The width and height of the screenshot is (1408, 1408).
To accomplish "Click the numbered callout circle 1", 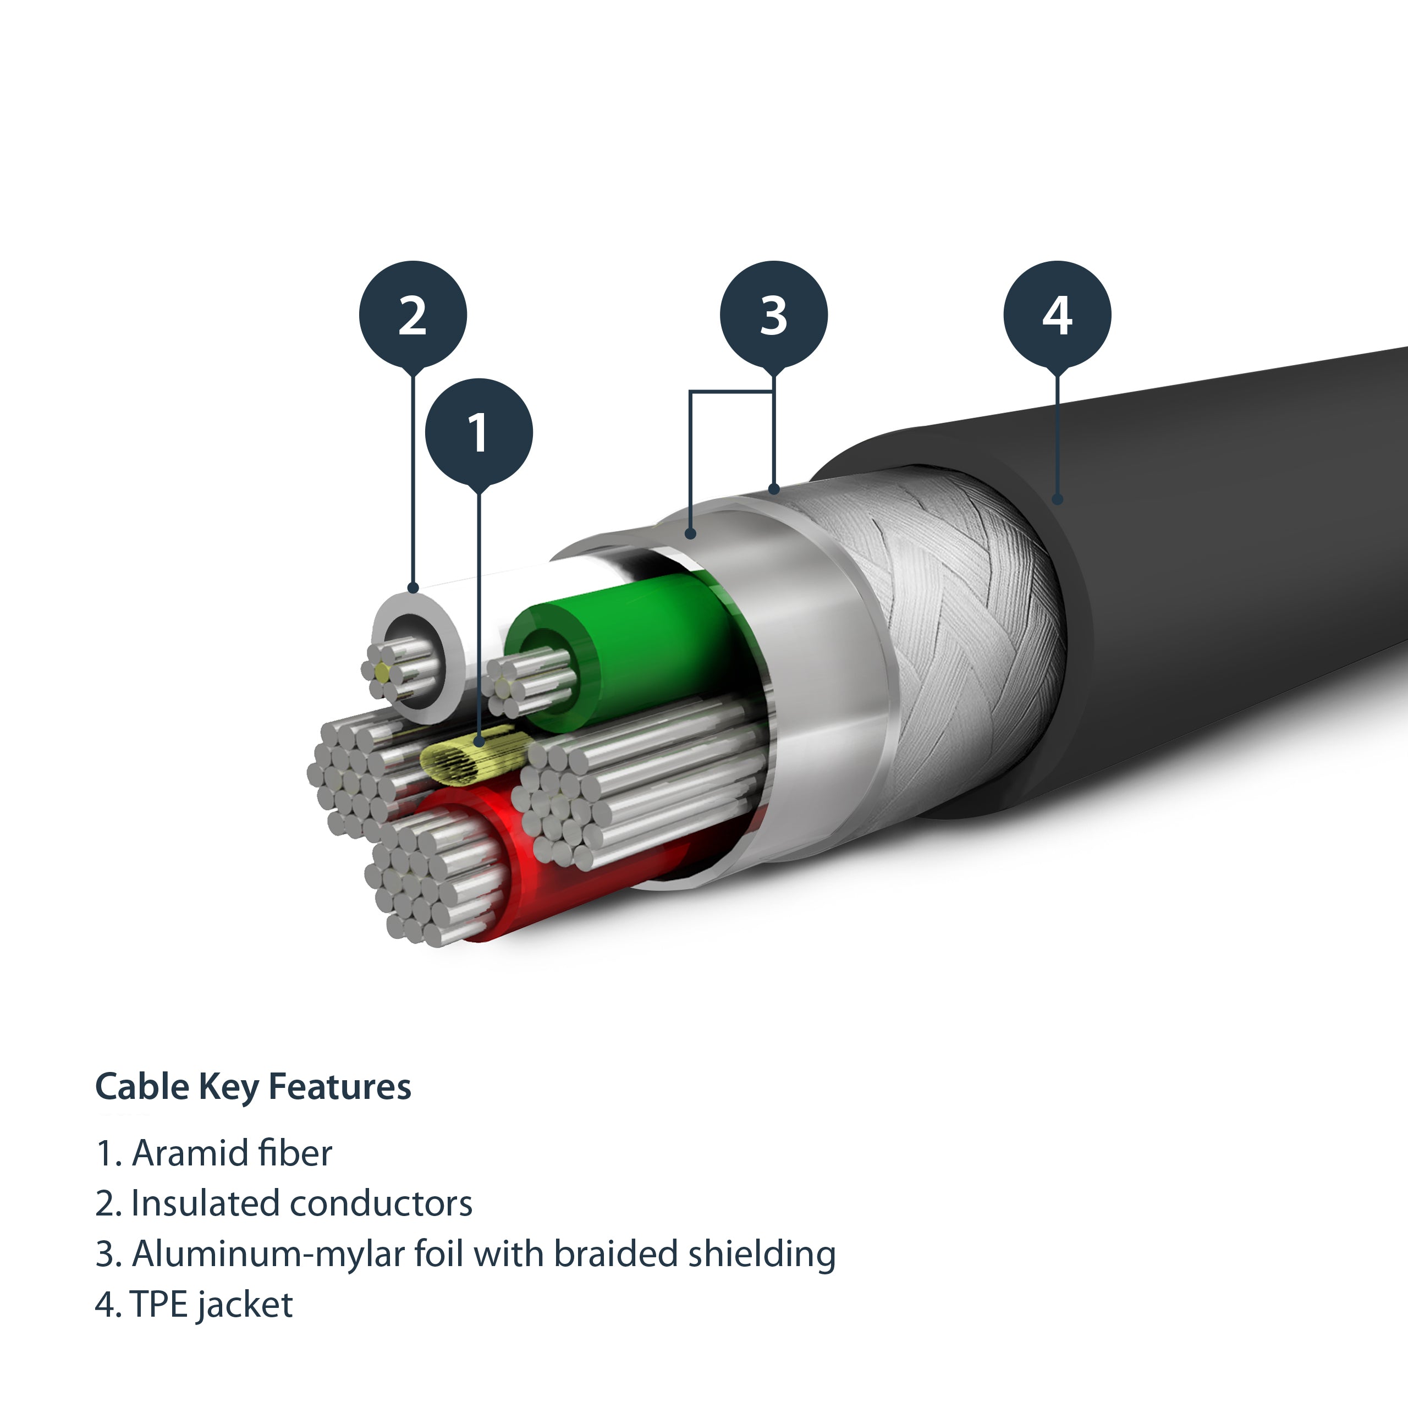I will tap(479, 431).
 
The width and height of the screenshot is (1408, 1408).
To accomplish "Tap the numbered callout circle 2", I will tap(413, 315).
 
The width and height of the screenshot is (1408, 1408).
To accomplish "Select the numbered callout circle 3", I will tap(773, 315).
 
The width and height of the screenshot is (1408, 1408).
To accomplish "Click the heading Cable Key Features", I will tap(253, 1087).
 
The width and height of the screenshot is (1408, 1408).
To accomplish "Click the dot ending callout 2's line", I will tap(413, 587).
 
